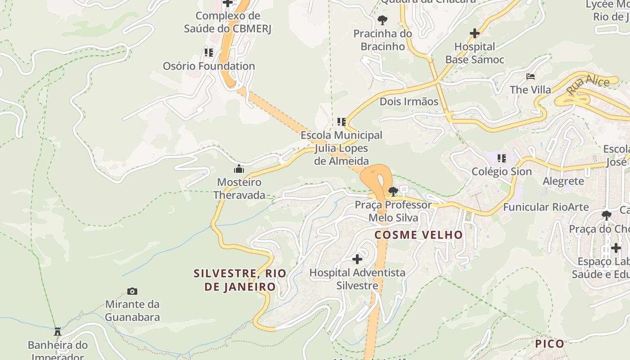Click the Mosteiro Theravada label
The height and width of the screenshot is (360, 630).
point(239,189)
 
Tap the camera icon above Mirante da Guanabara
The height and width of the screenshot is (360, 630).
point(132,291)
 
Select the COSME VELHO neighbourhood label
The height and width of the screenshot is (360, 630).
point(418,235)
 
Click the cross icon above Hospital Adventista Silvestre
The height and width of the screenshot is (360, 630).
point(357,259)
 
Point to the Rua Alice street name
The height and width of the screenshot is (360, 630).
point(588,85)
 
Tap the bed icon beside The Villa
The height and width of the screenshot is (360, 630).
point(531,76)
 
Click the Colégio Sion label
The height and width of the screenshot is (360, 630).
point(501,171)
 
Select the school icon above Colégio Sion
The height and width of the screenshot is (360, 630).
point(502,158)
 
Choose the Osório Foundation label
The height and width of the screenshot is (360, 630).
point(209,66)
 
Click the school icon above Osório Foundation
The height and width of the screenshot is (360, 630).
point(209,53)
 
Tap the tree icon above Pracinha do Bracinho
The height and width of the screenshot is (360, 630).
point(382,20)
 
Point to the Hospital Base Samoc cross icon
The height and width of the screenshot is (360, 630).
point(475,33)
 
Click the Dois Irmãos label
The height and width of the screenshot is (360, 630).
point(409,102)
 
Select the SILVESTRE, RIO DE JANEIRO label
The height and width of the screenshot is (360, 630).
point(240,280)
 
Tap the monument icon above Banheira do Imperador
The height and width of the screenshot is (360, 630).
point(58,332)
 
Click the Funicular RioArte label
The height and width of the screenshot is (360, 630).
point(546,207)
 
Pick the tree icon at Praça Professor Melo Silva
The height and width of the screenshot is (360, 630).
point(393,192)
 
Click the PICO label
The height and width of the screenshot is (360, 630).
point(549,344)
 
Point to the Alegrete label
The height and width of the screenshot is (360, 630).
point(563,181)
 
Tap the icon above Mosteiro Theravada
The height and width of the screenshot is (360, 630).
point(239,169)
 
